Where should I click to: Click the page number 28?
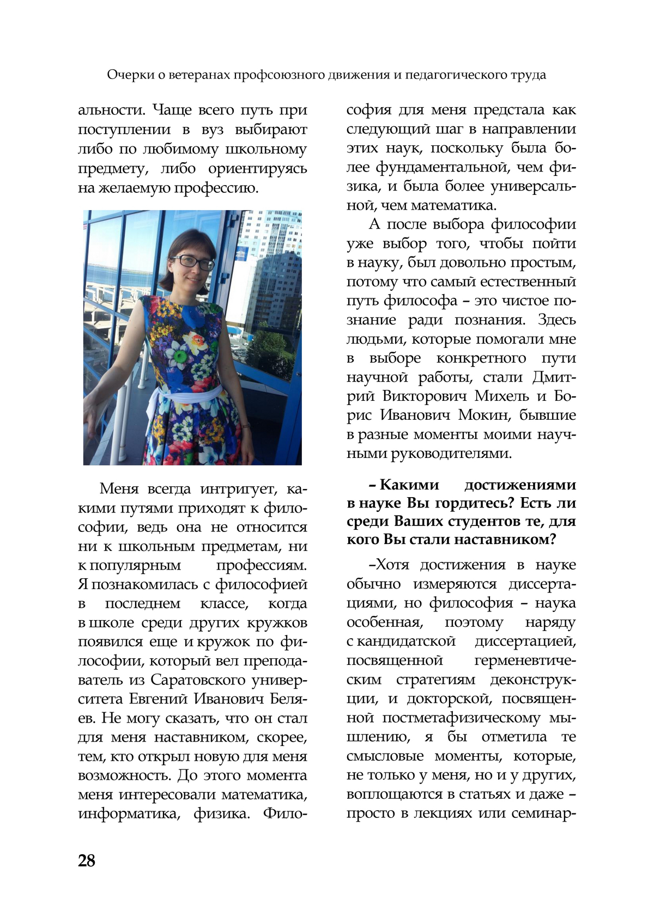coord(87,860)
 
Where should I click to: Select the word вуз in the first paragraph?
coord(213,130)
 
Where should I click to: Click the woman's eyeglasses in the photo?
coord(193,262)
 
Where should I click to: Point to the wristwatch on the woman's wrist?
coord(246,426)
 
